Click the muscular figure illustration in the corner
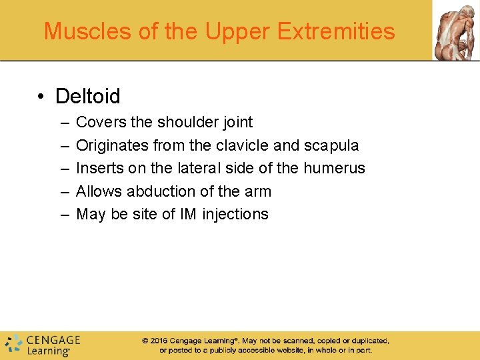(455, 30)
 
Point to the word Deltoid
(88, 97)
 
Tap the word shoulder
(189, 122)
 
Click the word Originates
(113, 145)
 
